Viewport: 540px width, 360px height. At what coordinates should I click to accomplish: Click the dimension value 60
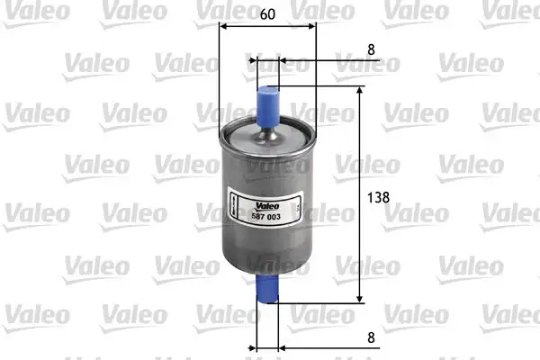[268, 14]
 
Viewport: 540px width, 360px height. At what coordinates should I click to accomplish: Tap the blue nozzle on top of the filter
[268, 102]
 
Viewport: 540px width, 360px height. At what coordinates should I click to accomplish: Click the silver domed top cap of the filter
[268, 139]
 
